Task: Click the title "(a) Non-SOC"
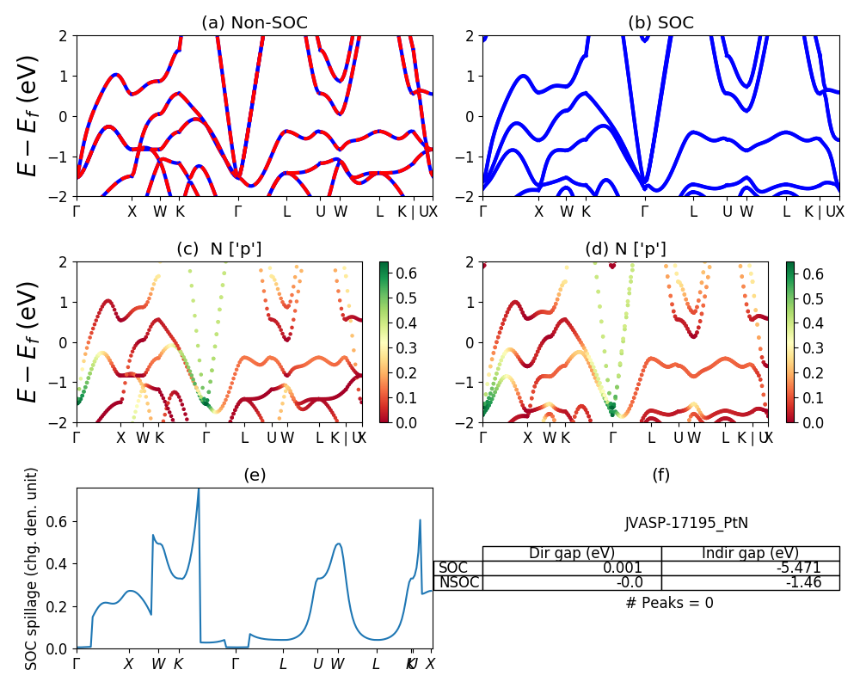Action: pos(254,23)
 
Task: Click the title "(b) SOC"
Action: pos(660,23)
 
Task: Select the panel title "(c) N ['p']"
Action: pos(219,249)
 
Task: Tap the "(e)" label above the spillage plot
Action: pos(254,475)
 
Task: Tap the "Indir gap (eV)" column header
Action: pos(750,553)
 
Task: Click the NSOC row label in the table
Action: pos(458,582)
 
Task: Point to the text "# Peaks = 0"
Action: pos(669,603)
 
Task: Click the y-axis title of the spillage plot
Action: pos(32,568)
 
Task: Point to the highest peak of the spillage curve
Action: pos(199,489)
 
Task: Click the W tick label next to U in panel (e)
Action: pos(337,664)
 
